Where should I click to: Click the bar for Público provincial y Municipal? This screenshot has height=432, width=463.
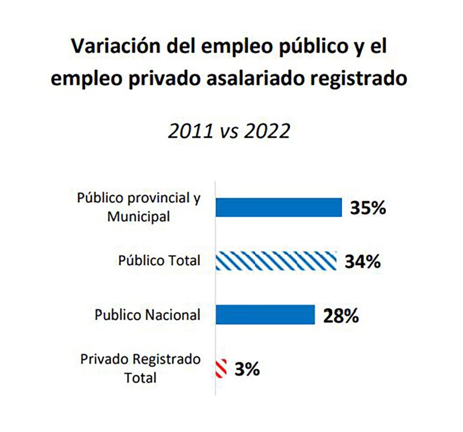279,208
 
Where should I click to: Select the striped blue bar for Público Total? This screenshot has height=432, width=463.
276,261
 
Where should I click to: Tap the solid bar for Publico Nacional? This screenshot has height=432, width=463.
265,314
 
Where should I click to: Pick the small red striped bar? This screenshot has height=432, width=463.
221,369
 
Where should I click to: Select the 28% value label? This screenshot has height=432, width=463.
341,315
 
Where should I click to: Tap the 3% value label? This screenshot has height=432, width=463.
247,369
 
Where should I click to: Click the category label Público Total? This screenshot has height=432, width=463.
159,261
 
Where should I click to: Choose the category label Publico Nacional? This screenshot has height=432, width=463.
147,315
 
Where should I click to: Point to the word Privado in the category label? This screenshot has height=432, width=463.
104,360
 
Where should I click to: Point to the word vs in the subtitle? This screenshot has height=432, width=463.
228,132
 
